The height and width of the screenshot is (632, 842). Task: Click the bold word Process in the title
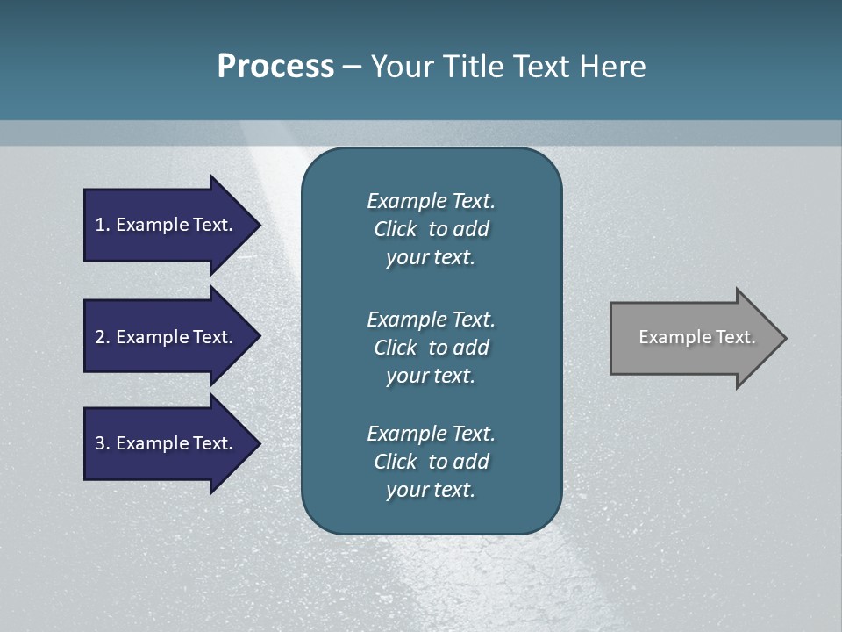pyautogui.click(x=275, y=67)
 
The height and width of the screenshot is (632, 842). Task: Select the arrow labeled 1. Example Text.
pyautogui.click(x=167, y=225)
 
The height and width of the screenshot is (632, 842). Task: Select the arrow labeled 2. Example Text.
pyautogui.click(x=167, y=337)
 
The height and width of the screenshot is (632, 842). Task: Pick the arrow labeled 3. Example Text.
pyautogui.click(x=167, y=443)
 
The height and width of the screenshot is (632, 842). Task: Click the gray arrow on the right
pyautogui.click(x=693, y=337)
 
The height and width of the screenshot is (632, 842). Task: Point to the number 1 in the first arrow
pyautogui.click(x=100, y=225)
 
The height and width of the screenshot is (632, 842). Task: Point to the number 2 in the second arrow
pyautogui.click(x=100, y=337)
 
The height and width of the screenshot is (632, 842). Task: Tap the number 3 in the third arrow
pyautogui.click(x=100, y=443)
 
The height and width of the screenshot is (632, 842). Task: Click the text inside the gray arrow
pyautogui.click(x=696, y=337)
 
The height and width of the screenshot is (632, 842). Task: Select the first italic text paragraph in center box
pyautogui.click(x=431, y=229)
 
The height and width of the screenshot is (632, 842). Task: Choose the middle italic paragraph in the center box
pyautogui.click(x=431, y=347)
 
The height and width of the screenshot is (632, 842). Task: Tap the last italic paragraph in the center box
pyautogui.click(x=431, y=461)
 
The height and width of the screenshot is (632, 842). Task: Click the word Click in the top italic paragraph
pyautogui.click(x=396, y=229)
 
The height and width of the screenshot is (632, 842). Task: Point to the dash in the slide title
pyautogui.click(x=352, y=67)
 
